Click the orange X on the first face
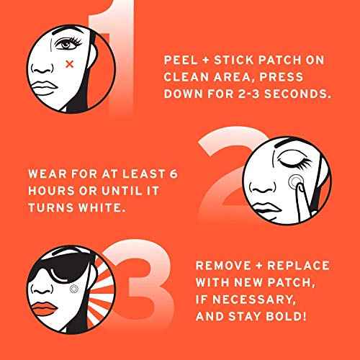pyautogui.click(x=71, y=66)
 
